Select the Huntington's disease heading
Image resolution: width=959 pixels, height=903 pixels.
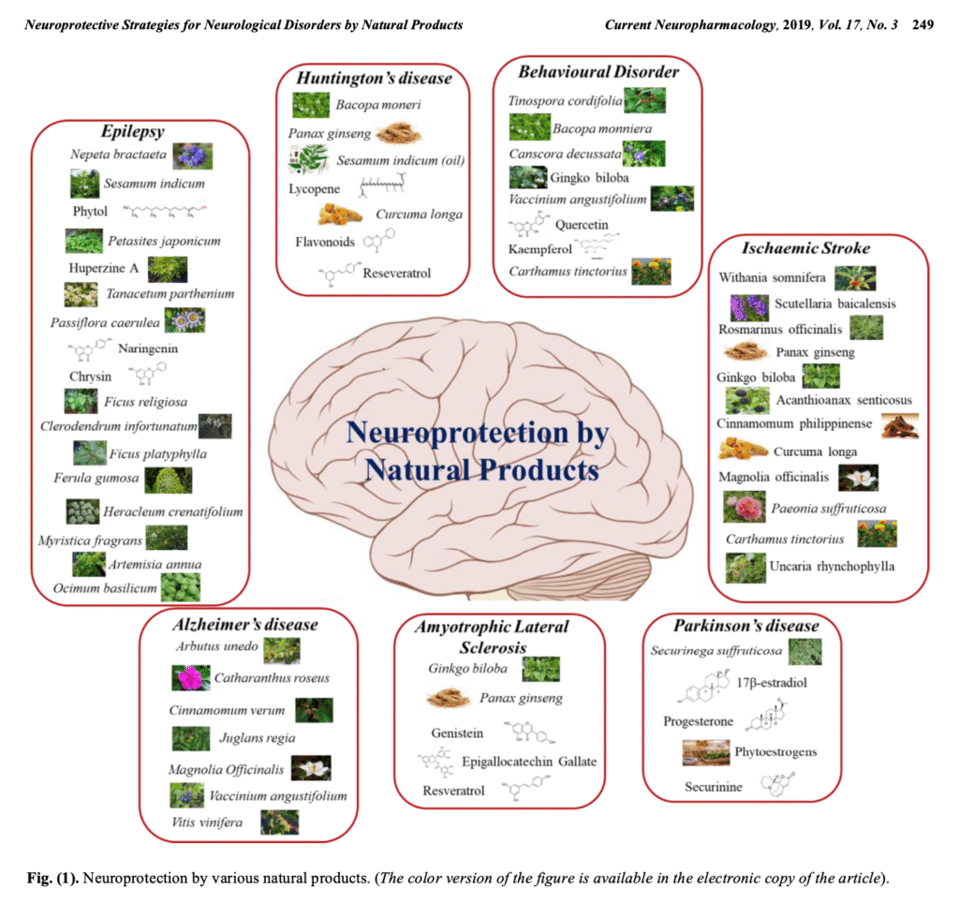click(375, 78)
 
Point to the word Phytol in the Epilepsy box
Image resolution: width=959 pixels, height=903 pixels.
click(91, 212)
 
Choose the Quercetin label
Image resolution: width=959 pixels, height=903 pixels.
click(583, 225)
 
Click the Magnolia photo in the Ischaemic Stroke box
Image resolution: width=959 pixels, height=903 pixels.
click(858, 477)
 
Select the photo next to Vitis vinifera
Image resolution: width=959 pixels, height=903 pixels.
click(280, 822)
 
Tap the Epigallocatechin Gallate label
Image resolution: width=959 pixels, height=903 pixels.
click(529, 761)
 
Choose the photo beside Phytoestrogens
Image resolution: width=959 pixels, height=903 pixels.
click(706, 751)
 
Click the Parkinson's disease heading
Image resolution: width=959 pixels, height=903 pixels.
click(745, 626)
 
